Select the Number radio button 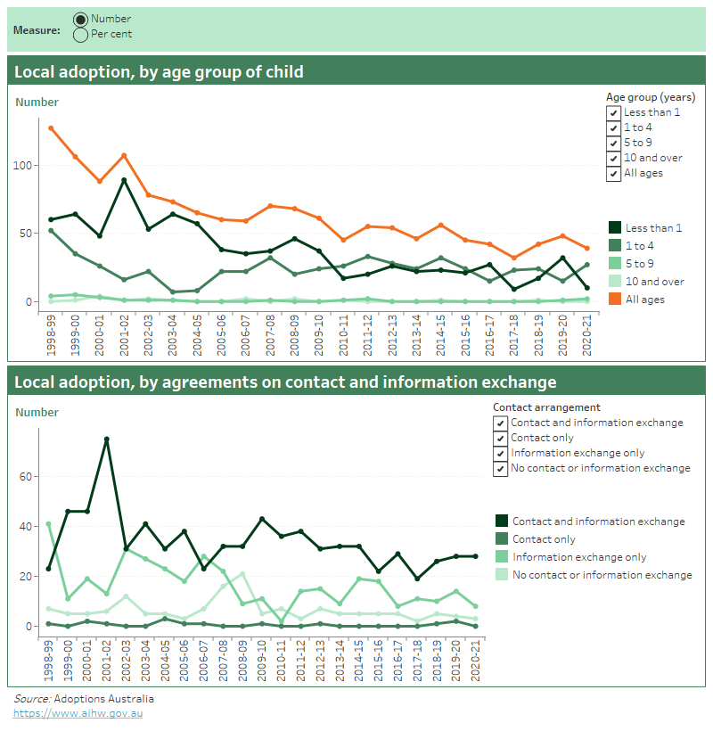(x=80, y=19)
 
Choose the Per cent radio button (x=80, y=34)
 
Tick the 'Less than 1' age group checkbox (x=613, y=113)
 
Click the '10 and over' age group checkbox (x=613, y=159)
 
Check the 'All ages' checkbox (x=613, y=174)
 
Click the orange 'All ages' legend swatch (x=615, y=300)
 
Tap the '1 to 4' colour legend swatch (x=615, y=246)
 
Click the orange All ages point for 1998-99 (x=52, y=127)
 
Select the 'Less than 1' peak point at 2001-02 (x=124, y=180)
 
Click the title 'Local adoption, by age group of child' (x=159, y=72)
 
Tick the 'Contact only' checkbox (x=500, y=439)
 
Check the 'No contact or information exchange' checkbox (x=500, y=469)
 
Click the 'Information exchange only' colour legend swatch (x=503, y=557)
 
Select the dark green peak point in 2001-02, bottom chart (x=106, y=439)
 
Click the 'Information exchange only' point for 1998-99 (x=48, y=524)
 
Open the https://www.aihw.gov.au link (x=78, y=713)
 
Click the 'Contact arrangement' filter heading (x=546, y=407)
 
